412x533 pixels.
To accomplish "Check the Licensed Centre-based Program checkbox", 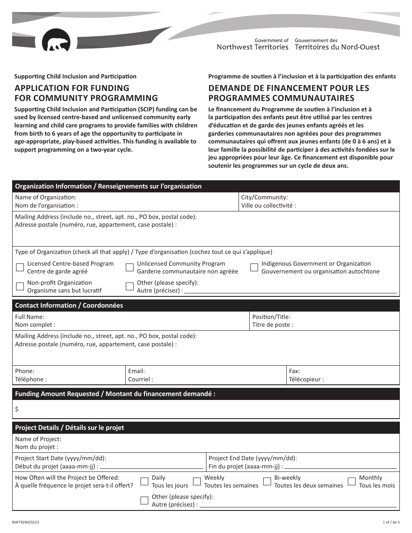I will tap(20, 267).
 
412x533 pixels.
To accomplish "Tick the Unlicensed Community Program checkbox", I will tap(130, 267).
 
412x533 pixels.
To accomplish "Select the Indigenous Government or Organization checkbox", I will tap(254, 267).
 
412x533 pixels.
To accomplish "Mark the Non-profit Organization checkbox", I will tap(20, 286).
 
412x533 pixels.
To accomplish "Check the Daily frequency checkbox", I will tap(144, 481).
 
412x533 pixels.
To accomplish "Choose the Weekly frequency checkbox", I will tap(197, 481).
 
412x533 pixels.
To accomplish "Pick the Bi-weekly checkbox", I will tap(267, 481).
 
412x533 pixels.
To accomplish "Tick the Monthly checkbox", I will tap(352, 481).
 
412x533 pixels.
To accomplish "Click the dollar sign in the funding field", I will tap(17, 409).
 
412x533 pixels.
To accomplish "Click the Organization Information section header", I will tap(108, 186).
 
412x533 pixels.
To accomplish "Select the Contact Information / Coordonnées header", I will tap(69, 305).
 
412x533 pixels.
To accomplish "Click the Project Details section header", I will tap(69, 428).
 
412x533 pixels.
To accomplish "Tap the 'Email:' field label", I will tap(136, 371).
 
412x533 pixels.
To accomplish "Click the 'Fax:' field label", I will tap(294, 371).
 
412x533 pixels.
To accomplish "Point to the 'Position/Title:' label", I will tap(271, 317).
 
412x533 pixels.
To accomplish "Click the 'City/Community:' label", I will tap(265, 197).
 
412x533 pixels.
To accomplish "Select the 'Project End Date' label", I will tap(253, 458).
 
